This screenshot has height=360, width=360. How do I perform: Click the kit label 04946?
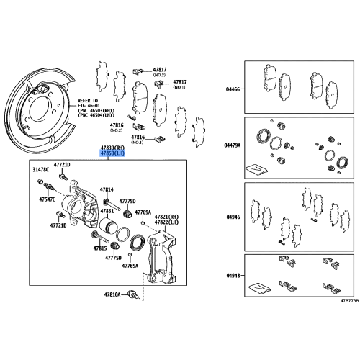pos(232,215)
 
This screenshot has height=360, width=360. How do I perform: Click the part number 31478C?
pos(40,170)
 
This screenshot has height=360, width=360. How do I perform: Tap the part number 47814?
pos(106,189)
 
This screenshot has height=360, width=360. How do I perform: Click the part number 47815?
pos(99,247)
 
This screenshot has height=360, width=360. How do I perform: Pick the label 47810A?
pos(114,295)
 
